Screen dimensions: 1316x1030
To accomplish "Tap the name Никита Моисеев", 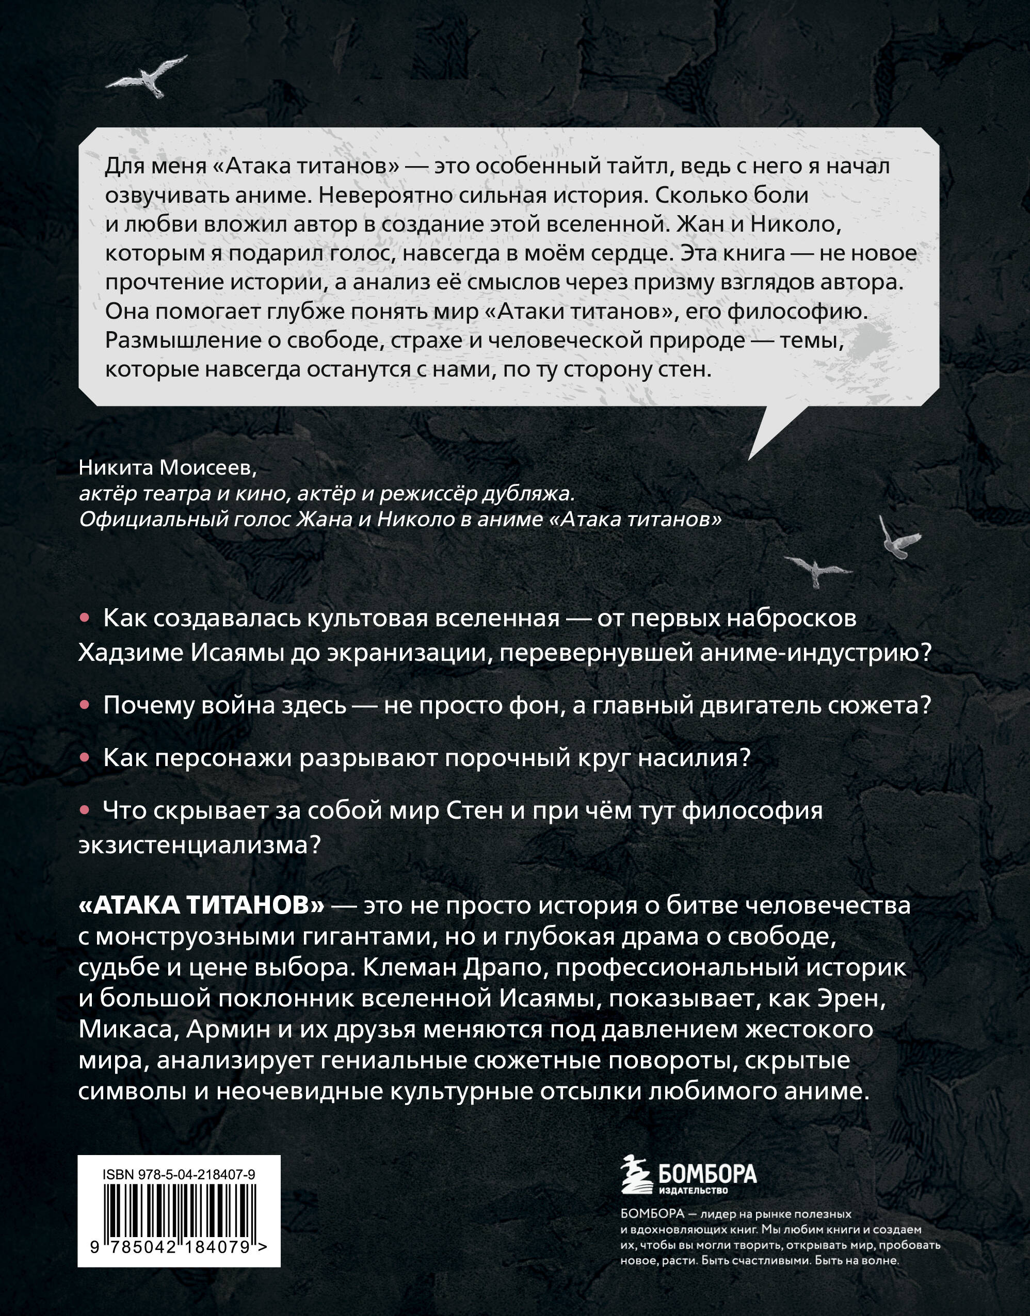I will point(163,468).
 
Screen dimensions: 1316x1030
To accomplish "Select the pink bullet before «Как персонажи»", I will point(86,758).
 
